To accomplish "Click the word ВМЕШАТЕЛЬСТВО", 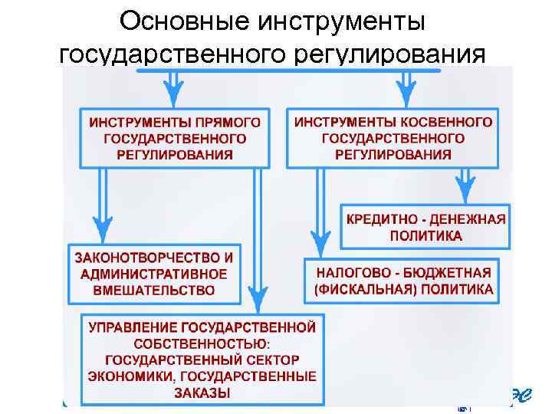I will [154, 290].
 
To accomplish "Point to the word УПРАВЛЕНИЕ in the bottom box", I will [131, 328].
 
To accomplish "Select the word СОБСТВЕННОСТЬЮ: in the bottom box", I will [202, 344].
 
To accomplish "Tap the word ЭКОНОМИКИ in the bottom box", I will [125, 376].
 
